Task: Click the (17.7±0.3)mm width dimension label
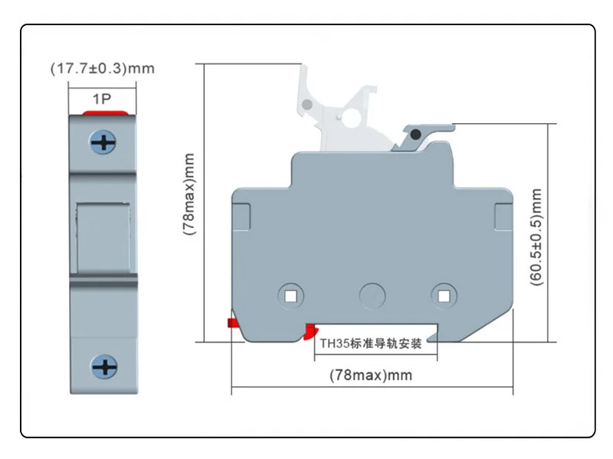coord(102,68)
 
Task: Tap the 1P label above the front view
coord(103,99)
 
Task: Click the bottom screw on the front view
coord(104,367)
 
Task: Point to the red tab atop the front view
coord(104,113)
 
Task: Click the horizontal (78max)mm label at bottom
coord(370,375)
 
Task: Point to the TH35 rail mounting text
coord(370,344)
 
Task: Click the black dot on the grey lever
coord(415,135)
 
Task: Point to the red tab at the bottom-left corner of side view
coord(230,323)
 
